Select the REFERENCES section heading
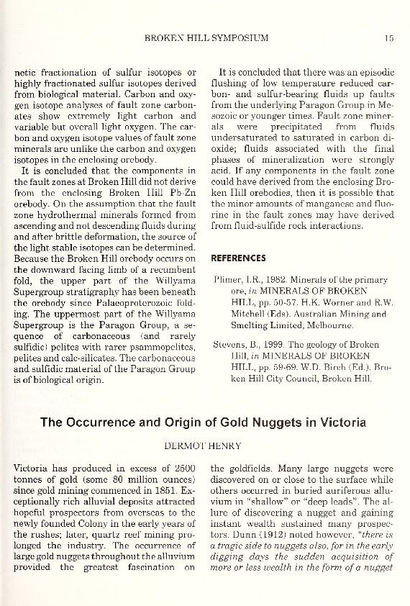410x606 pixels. pos(238,258)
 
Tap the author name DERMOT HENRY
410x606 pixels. pos(204,446)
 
